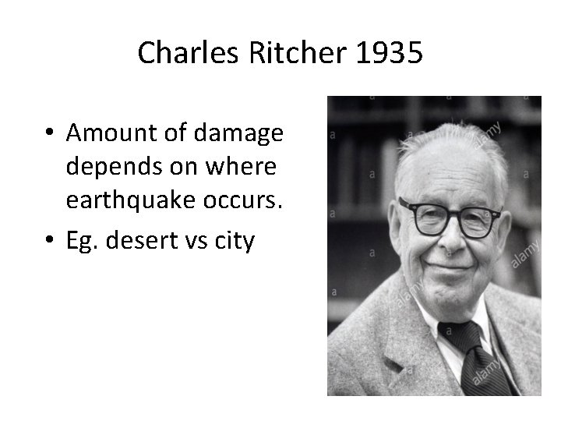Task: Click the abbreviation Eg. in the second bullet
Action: coord(81,241)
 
